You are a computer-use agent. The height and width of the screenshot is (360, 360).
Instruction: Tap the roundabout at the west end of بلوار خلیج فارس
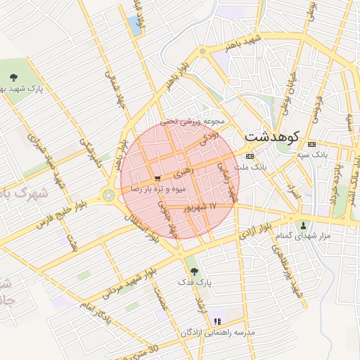(109, 195)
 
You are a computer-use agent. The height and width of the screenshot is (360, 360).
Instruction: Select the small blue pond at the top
(135, 27)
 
